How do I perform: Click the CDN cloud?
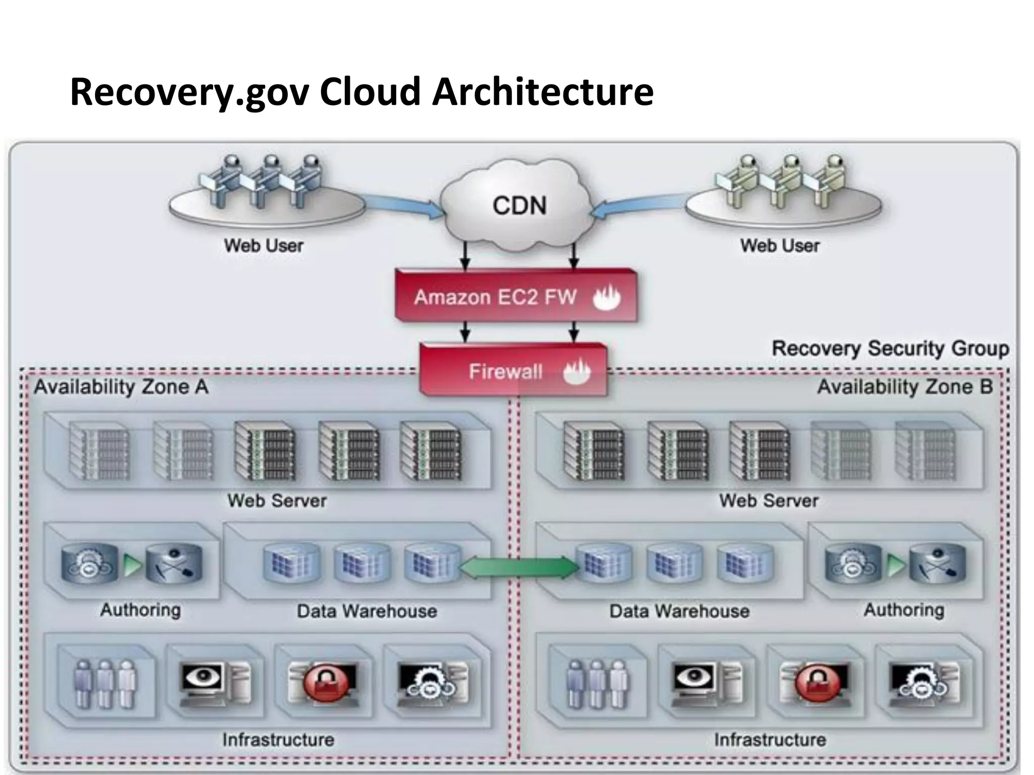pos(519,204)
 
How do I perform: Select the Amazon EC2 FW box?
pos(515,297)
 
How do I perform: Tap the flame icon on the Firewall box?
pos(577,372)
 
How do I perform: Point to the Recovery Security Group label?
pos(890,349)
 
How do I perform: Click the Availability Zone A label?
pos(121,387)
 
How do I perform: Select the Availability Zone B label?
pos(905,387)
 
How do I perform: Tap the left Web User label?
pos(264,246)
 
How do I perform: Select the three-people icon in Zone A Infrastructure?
pos(105,684)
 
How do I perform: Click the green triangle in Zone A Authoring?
pos(132,566)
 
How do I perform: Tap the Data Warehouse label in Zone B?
pos(679,611)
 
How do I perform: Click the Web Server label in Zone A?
pos(277,501)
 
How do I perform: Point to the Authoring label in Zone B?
pos(904,610)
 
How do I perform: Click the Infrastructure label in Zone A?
pos(278,740)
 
